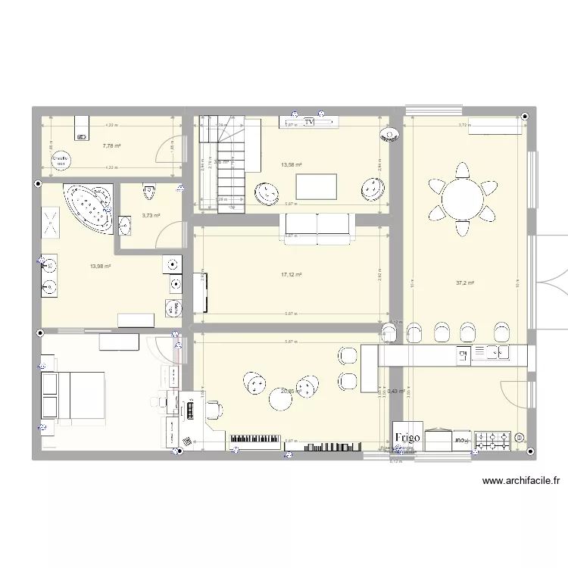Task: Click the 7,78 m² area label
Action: tap(111, 145)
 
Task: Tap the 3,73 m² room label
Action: tap(151, 216)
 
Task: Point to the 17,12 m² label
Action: tap(292, 275)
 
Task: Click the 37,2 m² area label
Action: tap(465, 283)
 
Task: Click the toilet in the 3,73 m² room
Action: tap(148, 192)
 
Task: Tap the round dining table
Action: tap(462, 201)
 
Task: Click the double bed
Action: tap(71, 395)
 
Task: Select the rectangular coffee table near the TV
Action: tap(317, 186)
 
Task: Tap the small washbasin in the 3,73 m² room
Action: tap(125, 224)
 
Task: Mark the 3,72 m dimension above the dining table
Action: tap(462, 125)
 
